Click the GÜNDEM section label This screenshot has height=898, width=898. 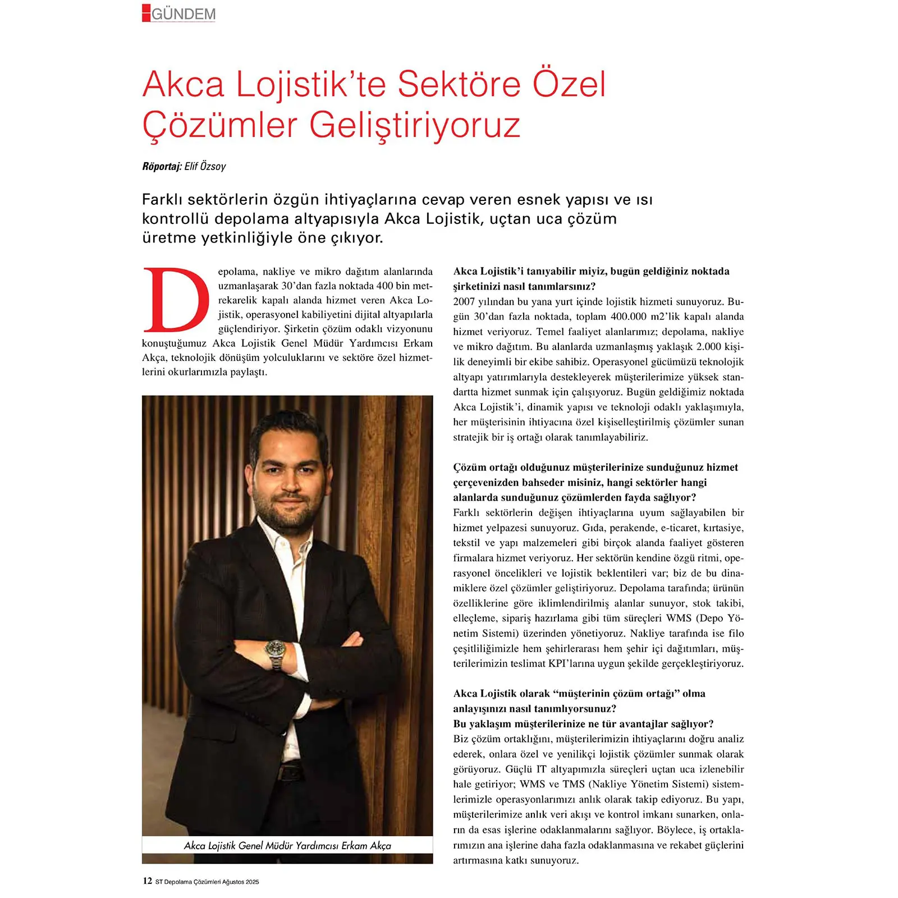(x=184, y=14)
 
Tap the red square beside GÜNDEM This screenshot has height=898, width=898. (x=146, y=13)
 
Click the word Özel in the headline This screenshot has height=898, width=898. (x=569, y=84)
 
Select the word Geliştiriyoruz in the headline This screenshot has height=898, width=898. (x=415, y=125)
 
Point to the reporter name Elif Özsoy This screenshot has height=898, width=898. (x=205, y=166)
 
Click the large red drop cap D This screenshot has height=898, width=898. (x=176, y=300)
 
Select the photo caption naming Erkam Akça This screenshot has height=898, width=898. (x=287, y=845)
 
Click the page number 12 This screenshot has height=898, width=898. (x=147, y=881)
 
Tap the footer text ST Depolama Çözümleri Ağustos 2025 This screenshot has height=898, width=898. (x=207, y=882)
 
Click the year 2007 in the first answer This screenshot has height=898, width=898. (x=464, y=301)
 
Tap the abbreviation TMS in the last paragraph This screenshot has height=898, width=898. (x=574, y=784)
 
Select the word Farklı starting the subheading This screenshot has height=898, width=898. (x=162, y=200)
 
